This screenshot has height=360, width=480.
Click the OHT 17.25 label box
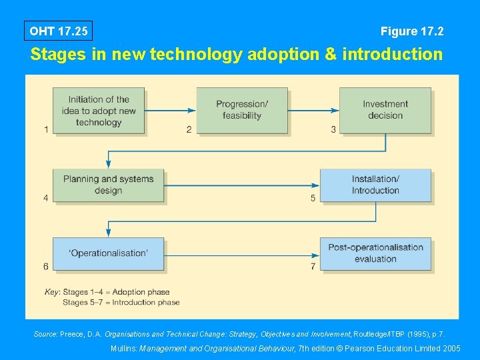[58, 31]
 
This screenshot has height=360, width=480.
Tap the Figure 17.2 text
[412, 31]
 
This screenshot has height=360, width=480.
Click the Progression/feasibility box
[242, 110]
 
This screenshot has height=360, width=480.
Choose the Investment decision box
[385, 110]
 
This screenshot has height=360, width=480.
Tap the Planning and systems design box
[108, 185]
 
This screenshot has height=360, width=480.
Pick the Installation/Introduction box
[375, 185]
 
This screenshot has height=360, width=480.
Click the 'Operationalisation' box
[108, 253]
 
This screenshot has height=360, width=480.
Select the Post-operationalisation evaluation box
[375, 253]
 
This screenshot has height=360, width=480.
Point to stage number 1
[46, 129]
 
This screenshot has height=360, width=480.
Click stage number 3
[333, 129]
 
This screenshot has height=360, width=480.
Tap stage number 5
[313, 198]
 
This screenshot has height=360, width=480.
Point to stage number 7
[313, 267]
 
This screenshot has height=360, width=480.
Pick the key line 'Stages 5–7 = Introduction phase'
[121, 302]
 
